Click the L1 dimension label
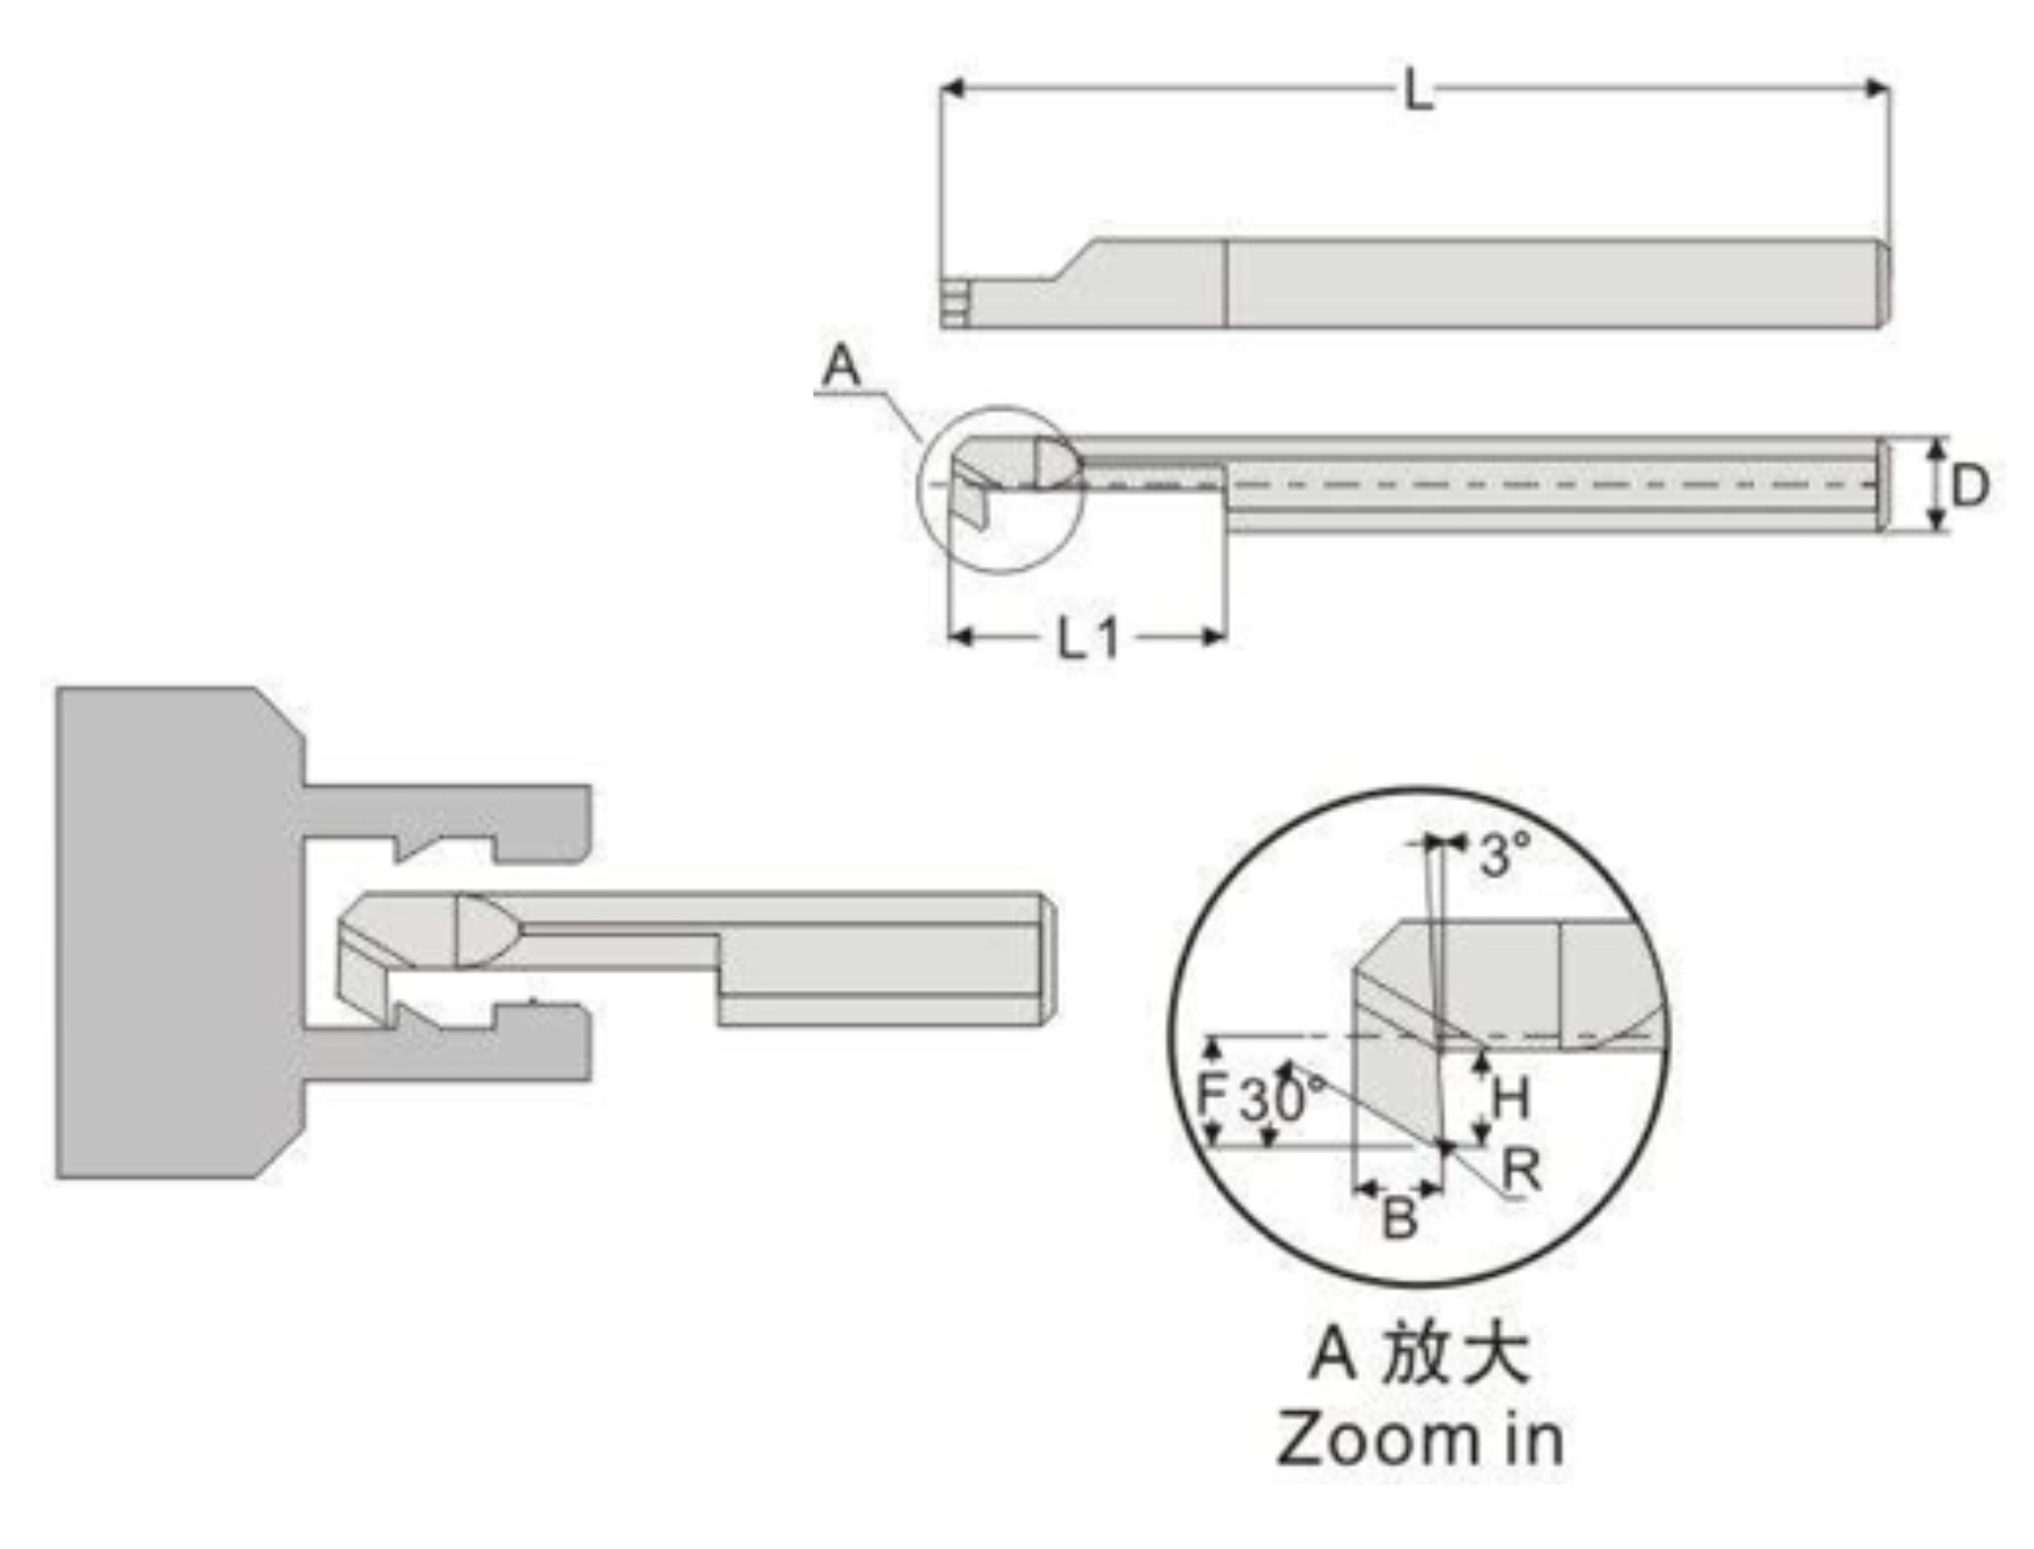[x=1088, y=638]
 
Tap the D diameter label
[x=1969, y=485]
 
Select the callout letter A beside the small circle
[x=841, y=366]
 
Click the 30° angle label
[x=1281, y=1100]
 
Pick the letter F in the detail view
[x=1209, y=1094]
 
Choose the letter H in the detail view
[x=1510, y=1098]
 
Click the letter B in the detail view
[x=1398, y=1219]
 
